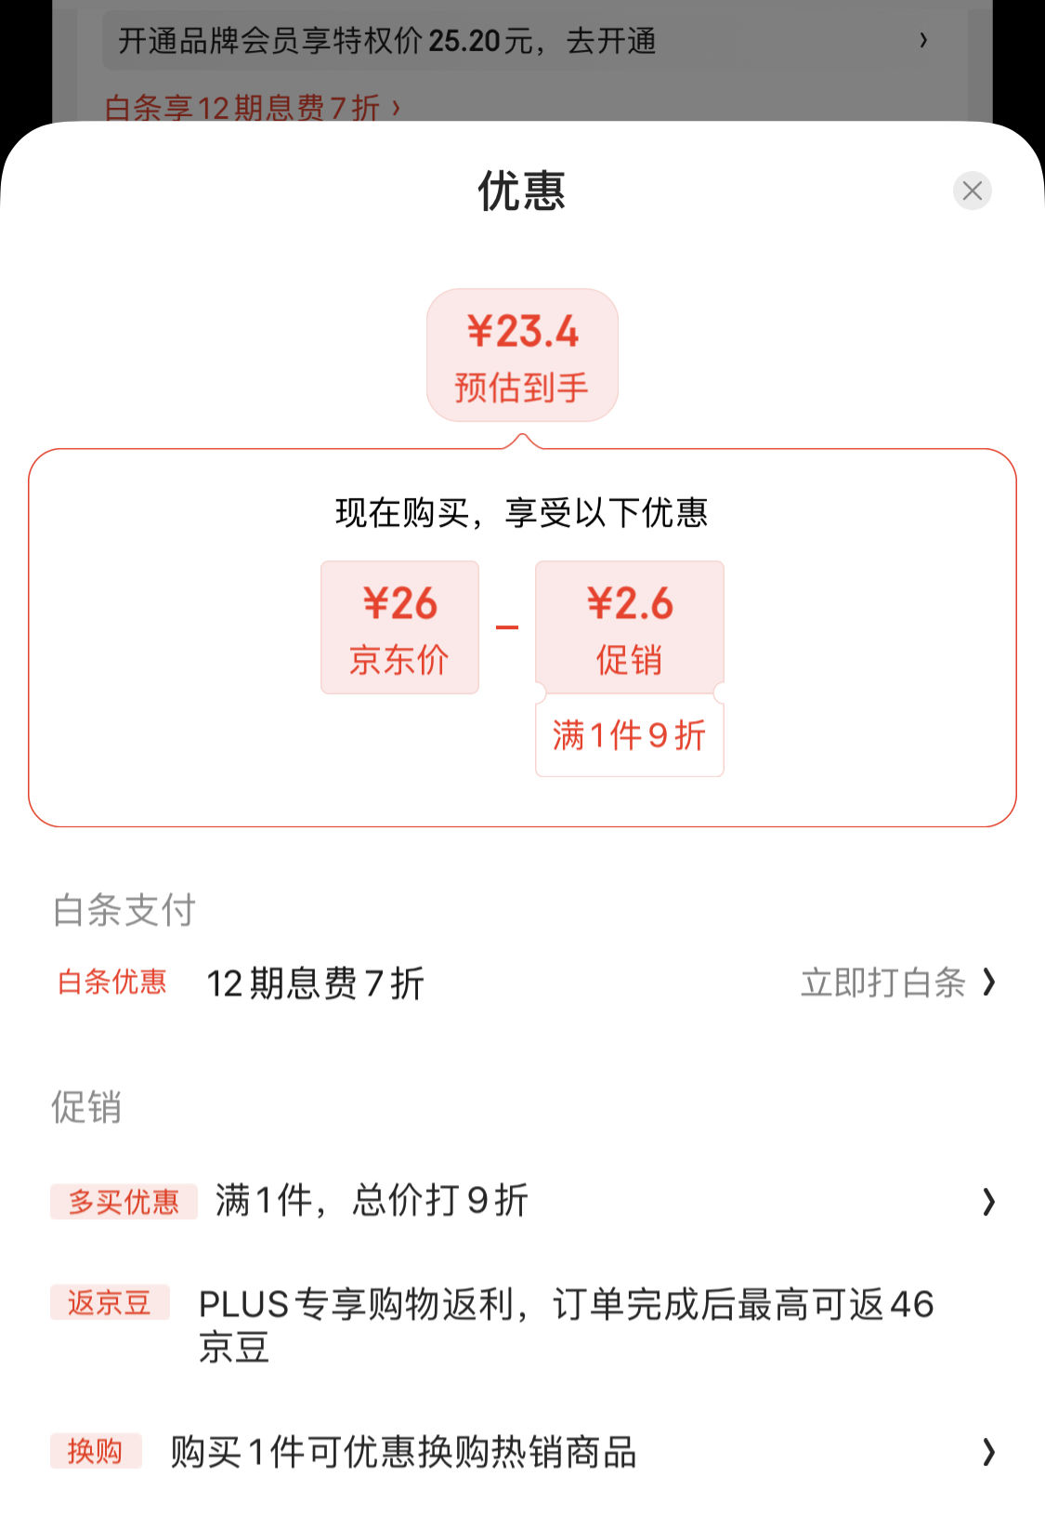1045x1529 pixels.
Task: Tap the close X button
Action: click(x=972, y=191)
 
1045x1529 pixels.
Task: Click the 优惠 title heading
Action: click(x=522, y=191)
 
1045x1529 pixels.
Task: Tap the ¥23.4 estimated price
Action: click(x=522, y=331)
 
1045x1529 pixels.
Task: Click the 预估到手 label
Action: click(x=522, y=388)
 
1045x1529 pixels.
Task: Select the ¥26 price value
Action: click(x=399, y=603)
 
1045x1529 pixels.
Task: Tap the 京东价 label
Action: click(x=399, y=660)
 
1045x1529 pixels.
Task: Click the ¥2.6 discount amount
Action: click(x=630, y=603)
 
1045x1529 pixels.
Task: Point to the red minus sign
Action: click(x=507, y=627)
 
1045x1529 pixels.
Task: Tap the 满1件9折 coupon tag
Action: click(x=629, y=736)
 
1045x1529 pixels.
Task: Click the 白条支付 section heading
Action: click(x=124, y=910)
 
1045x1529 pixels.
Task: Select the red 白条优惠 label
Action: click(x=111, y=982)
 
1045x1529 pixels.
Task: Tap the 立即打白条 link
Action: click(x=883, y=983)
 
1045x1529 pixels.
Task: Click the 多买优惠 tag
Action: click(x=124, y=1201)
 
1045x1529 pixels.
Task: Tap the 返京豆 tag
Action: click(x=110, y=1302)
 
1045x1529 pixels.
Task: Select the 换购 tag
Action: click(x=96, y=1451)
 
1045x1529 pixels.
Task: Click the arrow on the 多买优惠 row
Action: click(x=988, y=1202)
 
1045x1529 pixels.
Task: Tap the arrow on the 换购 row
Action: click(x=988, y=1452)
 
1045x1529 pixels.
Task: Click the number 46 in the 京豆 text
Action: click(x=911, y=1304)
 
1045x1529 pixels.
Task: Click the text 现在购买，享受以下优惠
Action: click(x=522, y=513)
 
